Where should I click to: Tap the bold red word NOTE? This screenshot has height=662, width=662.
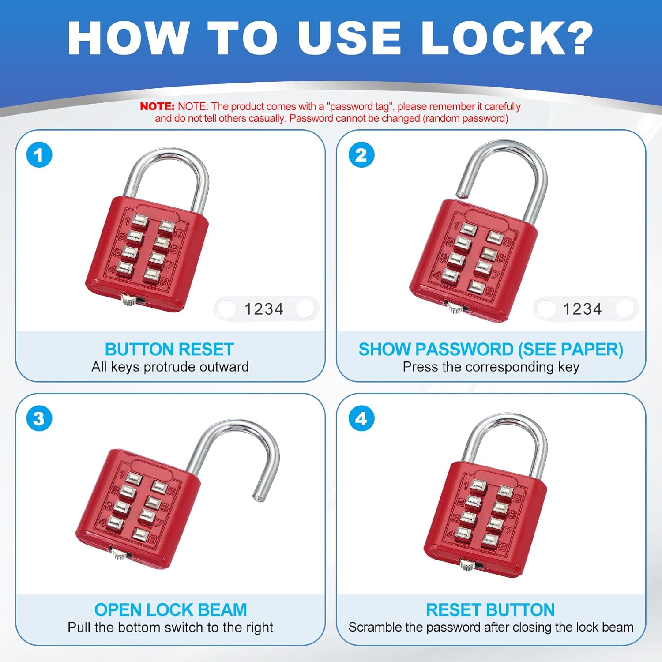click(157, 106)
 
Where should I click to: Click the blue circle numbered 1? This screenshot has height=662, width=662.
click(39, 155)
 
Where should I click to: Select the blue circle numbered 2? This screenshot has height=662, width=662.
click(361, 155)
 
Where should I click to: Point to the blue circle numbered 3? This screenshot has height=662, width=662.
click(39, 419)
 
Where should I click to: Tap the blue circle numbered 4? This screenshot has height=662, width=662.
click(361, 419)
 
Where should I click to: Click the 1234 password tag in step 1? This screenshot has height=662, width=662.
click(265, 309)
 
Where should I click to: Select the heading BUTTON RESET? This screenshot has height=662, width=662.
click(169, 350)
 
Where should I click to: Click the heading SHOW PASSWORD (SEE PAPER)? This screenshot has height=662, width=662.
click(491, 350)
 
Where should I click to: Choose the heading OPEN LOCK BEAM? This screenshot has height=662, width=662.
click(170, 610)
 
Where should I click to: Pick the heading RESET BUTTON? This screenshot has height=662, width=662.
click(490, 610)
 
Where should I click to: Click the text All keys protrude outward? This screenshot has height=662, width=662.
click(170, 367)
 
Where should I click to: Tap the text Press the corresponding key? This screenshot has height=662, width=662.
click(491, 367)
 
